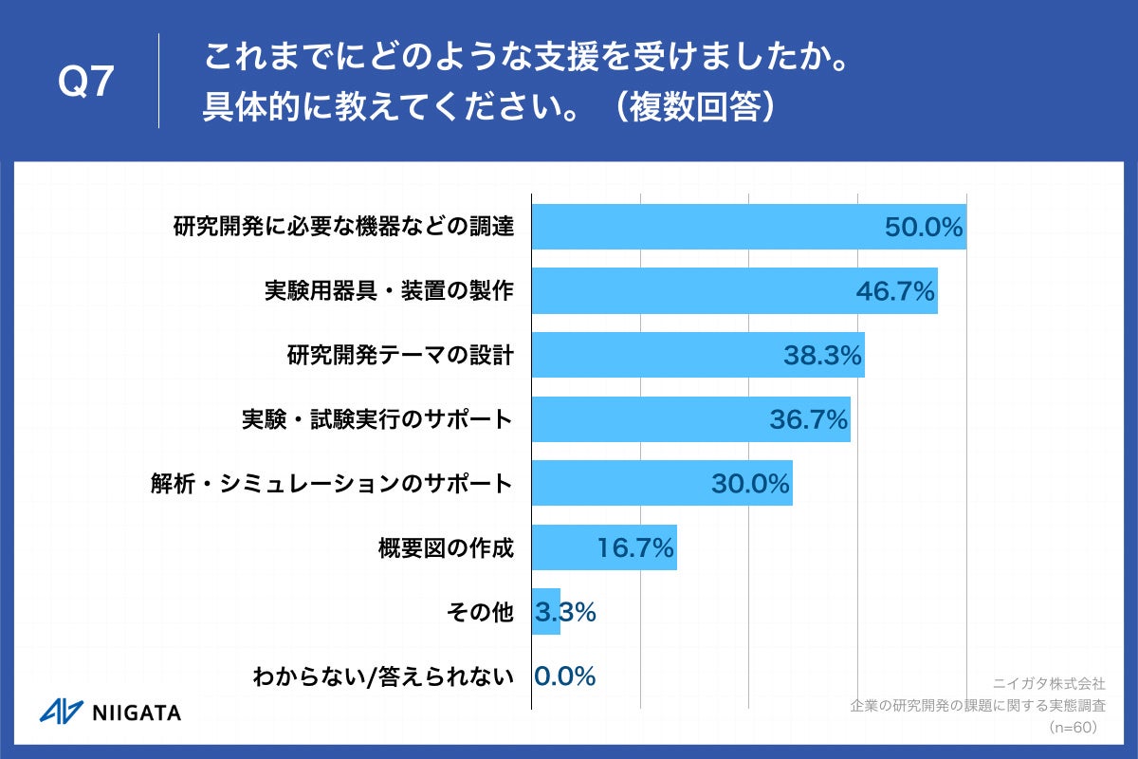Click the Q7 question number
[86, 83]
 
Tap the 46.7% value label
[895, 291]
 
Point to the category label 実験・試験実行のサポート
[377, 419]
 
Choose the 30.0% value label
[750, 484]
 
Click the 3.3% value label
[565, 612]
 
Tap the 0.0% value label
[565, 676]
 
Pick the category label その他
[479, 612]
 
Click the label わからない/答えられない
[383, 676]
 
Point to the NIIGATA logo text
[137, 713]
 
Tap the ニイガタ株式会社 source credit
[1048, 682]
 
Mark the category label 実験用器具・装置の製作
[389, 291]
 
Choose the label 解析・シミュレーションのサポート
[332, 484]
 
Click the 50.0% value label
[924, 228]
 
